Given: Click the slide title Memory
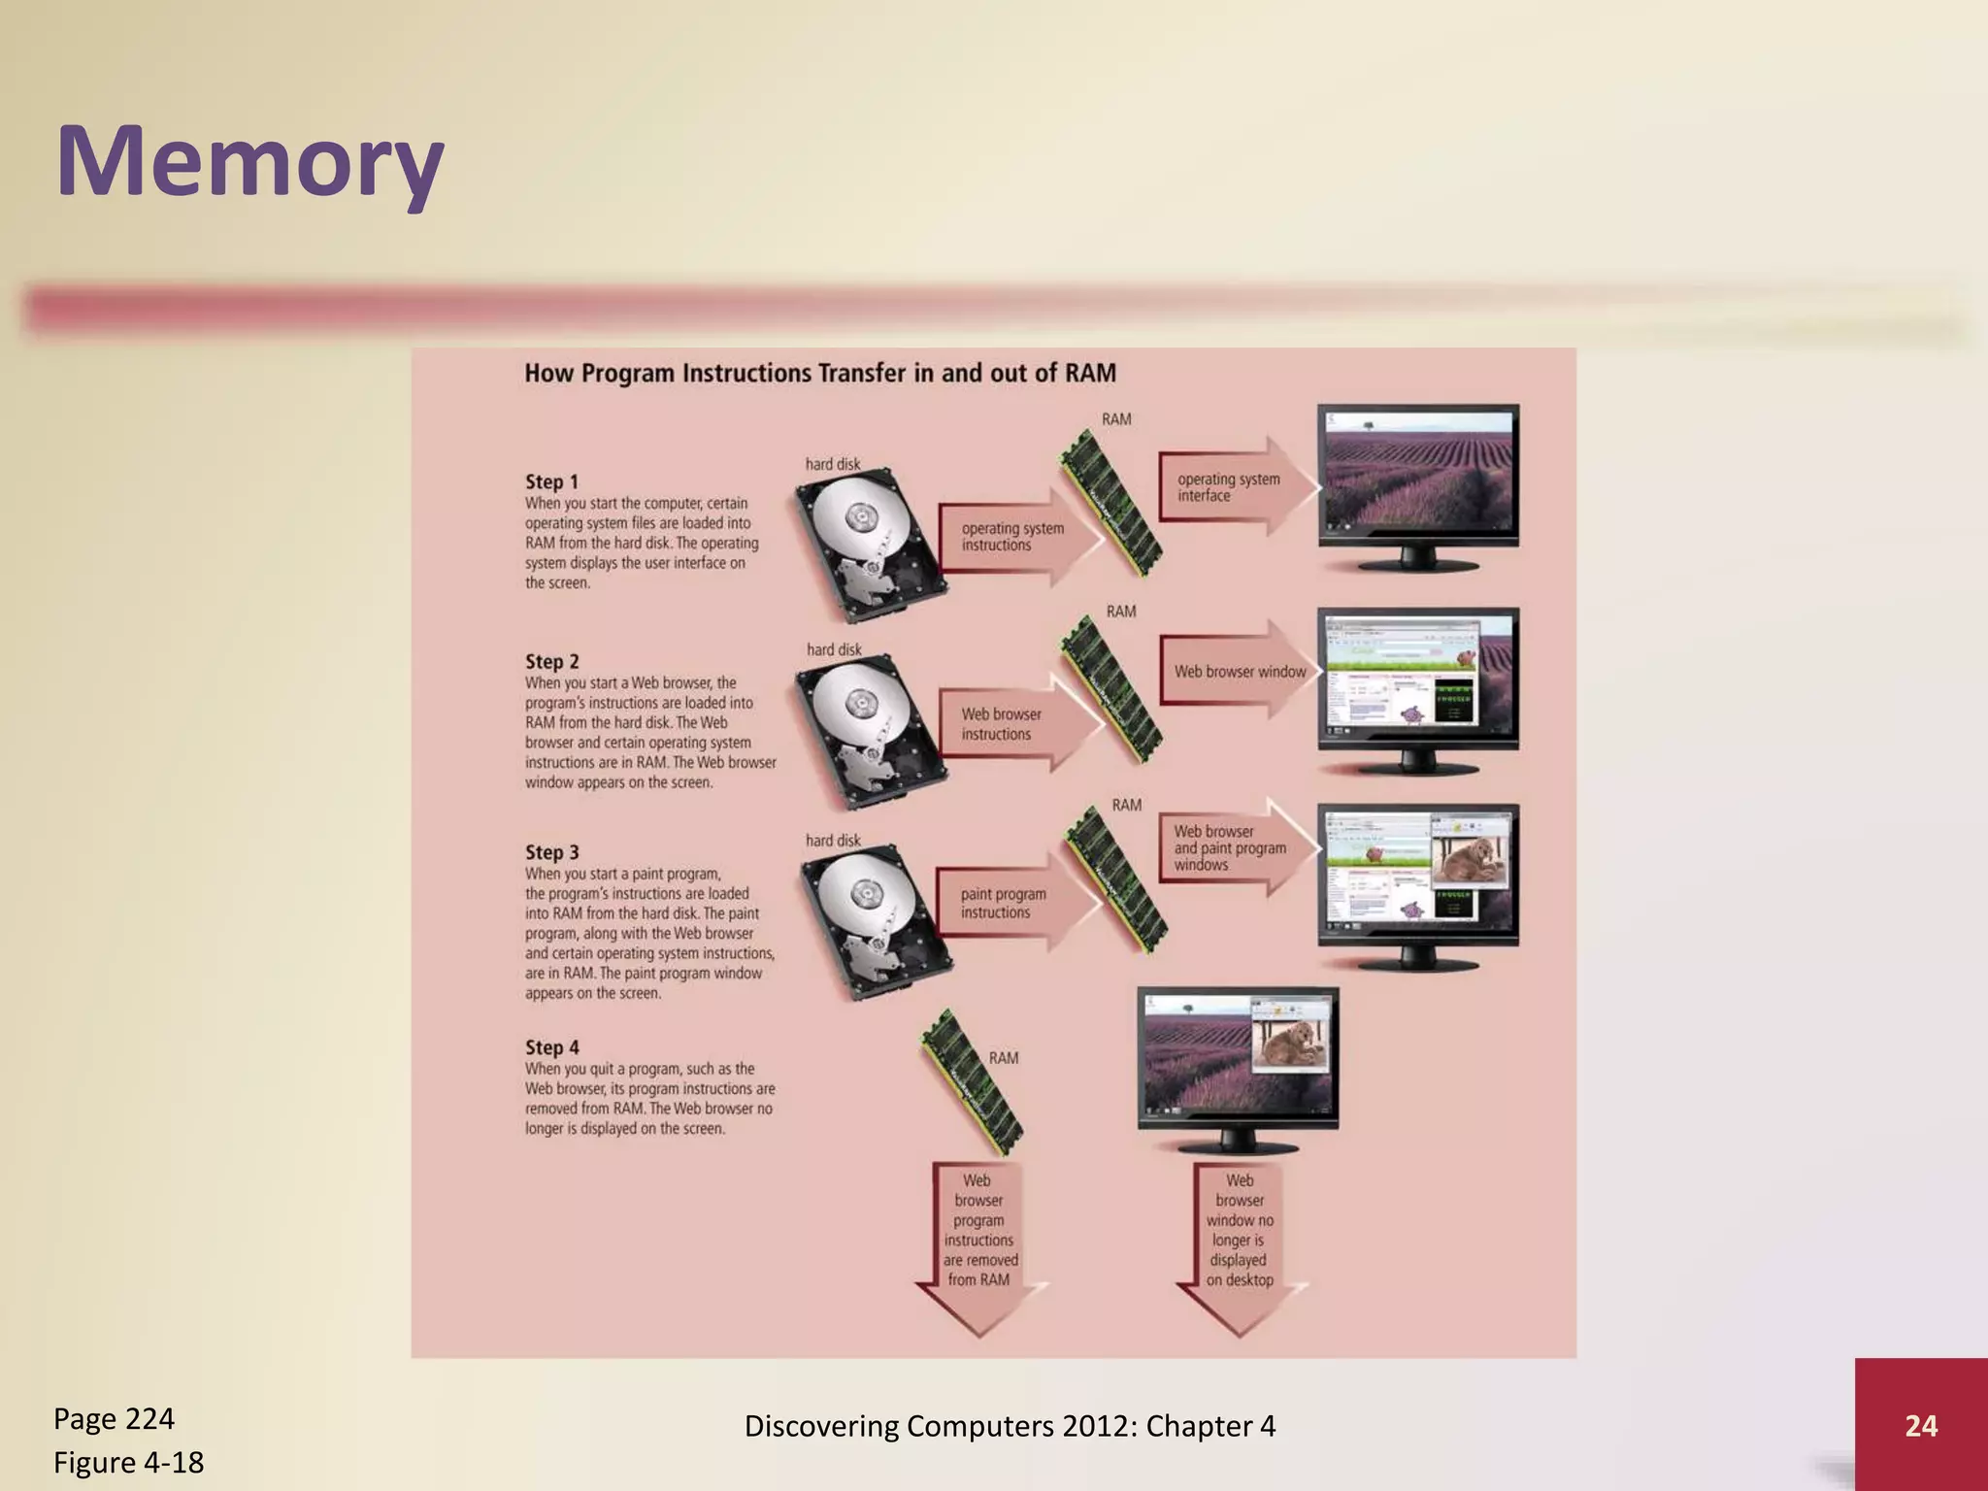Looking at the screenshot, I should click(x=250, y=162).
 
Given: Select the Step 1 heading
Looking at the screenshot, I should click(x=551, y=481).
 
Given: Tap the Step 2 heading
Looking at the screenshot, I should click(x=551, y=661).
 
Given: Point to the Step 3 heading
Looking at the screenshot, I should click(x=551, y=852).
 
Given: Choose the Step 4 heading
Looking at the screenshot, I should click(x=551, y=1047).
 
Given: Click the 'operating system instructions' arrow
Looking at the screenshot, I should click(x=1014, y=537).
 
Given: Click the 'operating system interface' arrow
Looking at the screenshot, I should click(x=1233, y=486).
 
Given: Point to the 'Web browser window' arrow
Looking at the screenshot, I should click(x=1238, y=671).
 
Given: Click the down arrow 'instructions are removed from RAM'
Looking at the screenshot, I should click(x=978, y=1242).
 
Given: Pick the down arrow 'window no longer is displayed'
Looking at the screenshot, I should click(x=1240, y=1242).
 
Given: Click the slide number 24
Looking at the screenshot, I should click(x=1921, y=1425).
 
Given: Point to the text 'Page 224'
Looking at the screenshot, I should click(x=114, y=1419).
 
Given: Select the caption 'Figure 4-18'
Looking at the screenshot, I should click(x=128, y=1462).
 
